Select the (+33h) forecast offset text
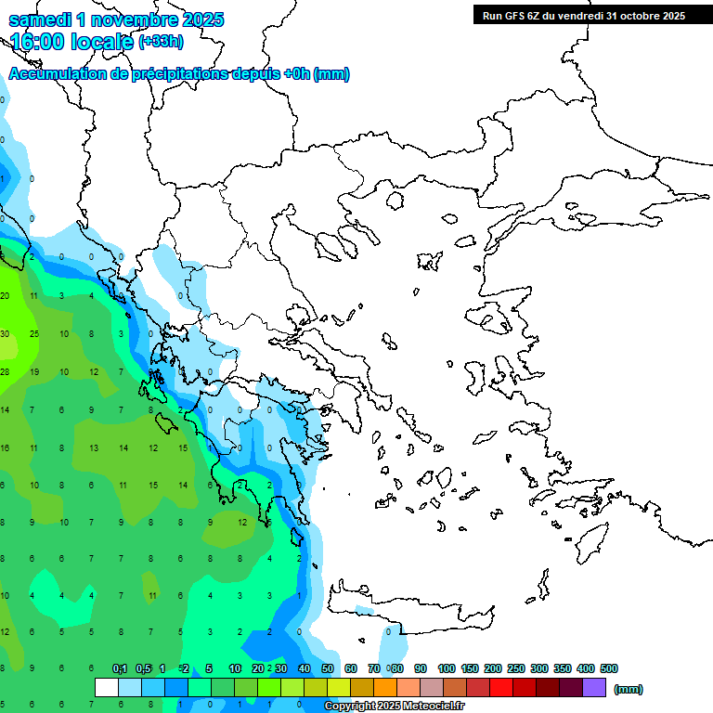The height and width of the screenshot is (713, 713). (x=161, y=42)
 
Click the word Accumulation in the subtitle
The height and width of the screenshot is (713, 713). (x=57, y=74)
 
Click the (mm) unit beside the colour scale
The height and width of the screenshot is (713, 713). (x=629, y=689)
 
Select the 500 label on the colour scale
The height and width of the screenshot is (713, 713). (x=609, y=668)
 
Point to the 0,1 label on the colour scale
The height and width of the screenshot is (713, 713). (x=120, y=668)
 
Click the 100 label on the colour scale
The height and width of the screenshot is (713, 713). (x=446, y=668)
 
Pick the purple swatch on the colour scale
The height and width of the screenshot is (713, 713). (x=594, y=687)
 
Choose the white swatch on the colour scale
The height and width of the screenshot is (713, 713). (x=107, y=687)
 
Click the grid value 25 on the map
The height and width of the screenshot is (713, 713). (x=34, y=333)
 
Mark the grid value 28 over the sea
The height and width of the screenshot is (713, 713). (x=5, y=371)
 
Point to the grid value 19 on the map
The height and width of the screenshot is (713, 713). (x=34, y=371)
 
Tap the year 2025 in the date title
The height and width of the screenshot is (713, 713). (x=197, y=19)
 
